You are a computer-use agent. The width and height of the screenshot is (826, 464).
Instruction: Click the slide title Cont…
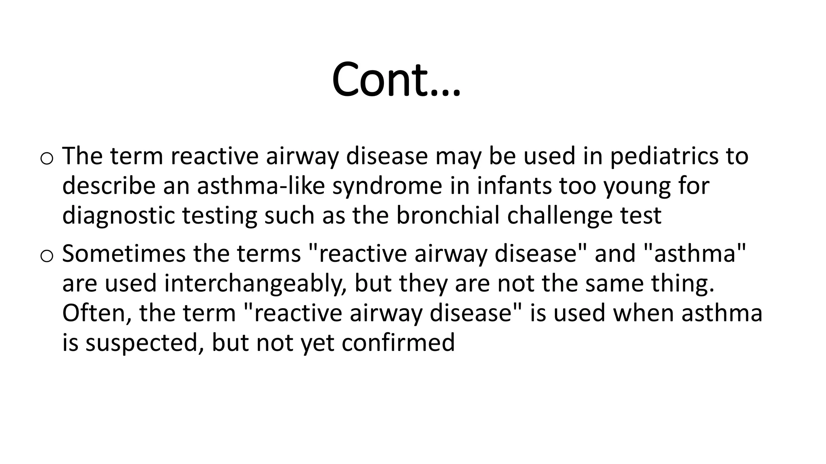[396, 79]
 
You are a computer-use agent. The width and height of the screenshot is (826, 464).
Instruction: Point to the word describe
[109, 186]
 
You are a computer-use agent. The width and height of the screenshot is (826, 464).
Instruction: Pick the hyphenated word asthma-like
[261, 186]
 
